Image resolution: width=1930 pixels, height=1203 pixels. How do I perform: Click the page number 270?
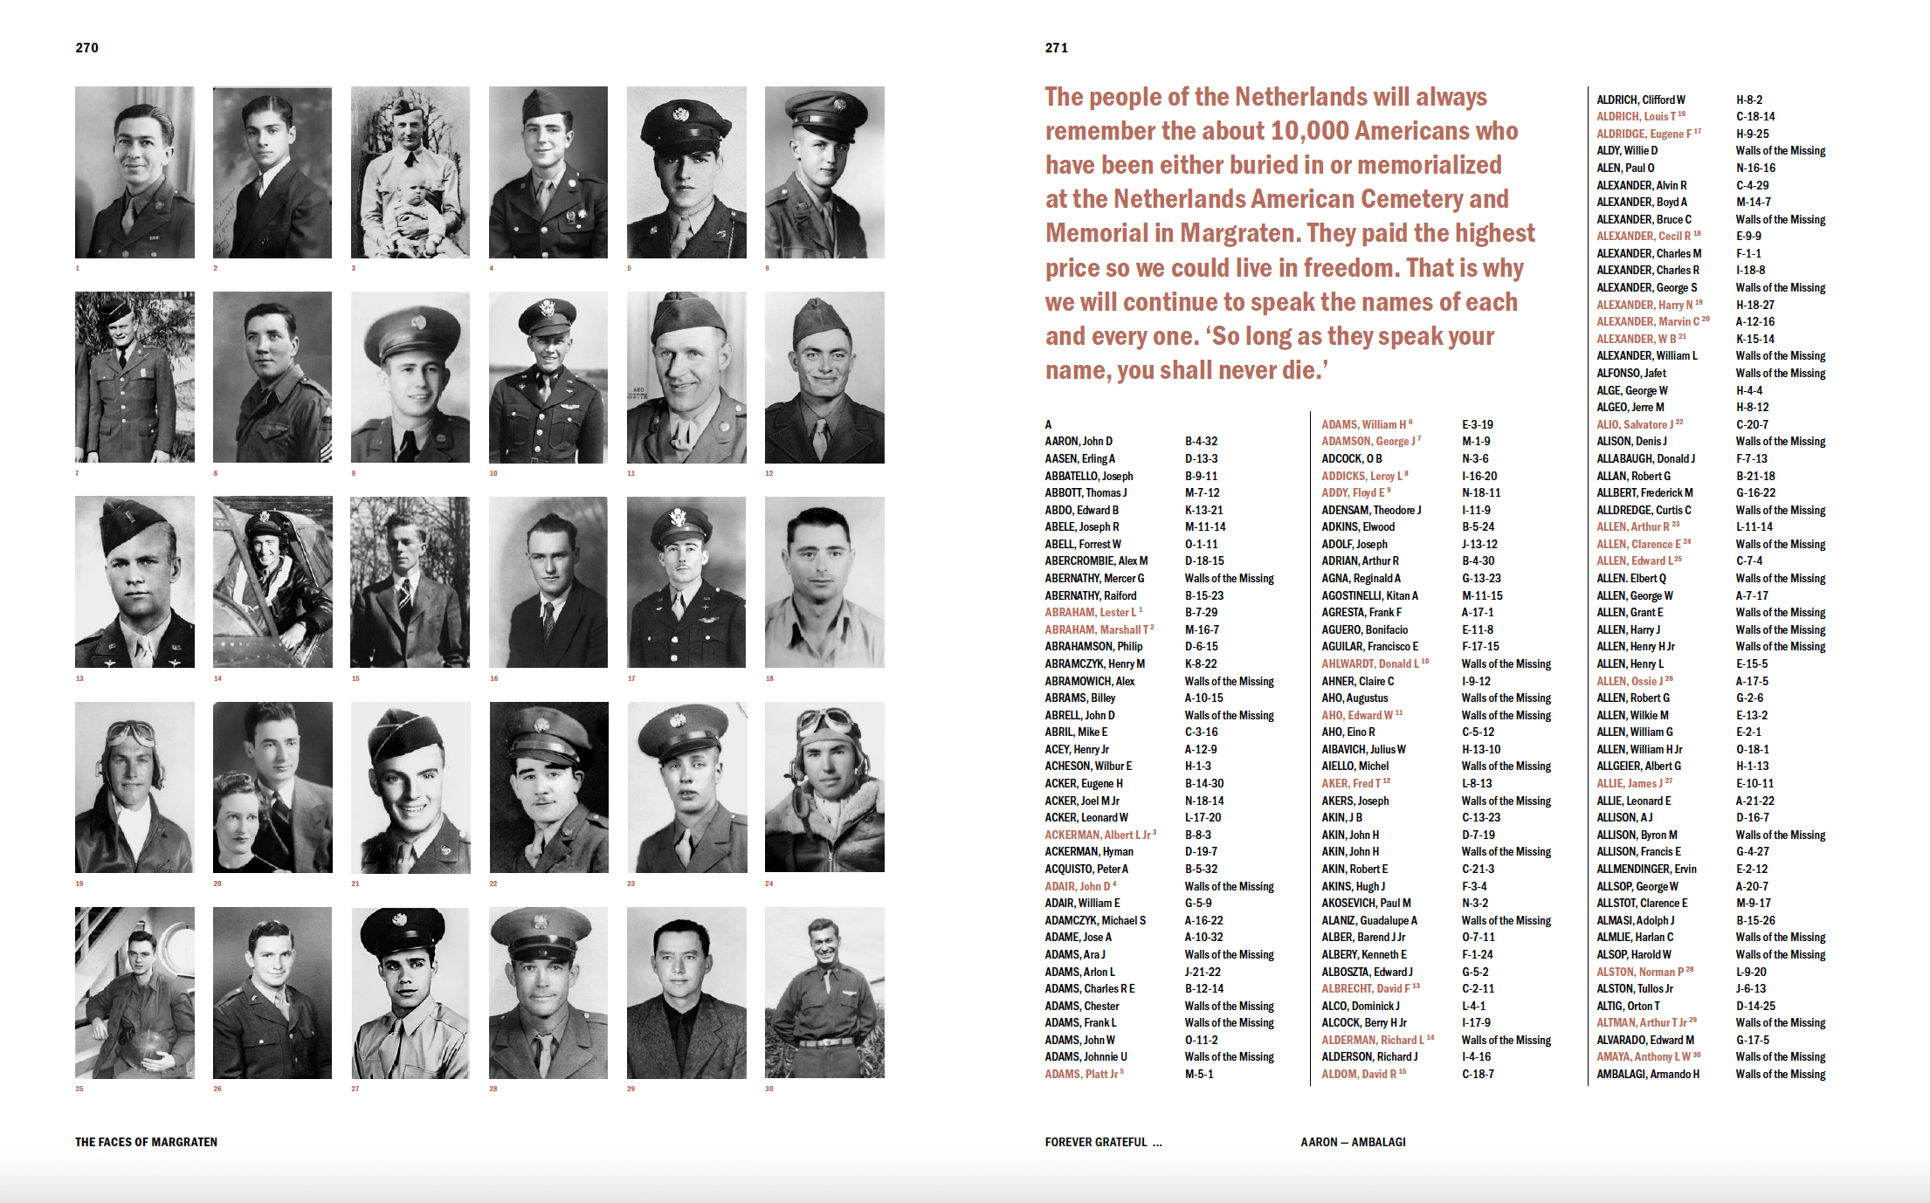86,48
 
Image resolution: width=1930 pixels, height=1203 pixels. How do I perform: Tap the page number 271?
1056,48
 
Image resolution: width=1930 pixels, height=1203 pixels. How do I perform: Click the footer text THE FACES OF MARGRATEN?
146,1142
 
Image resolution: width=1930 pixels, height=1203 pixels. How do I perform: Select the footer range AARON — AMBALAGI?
1353,1142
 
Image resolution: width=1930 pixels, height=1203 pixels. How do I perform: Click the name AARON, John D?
1079,442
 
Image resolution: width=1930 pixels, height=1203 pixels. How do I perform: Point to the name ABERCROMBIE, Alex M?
1096,561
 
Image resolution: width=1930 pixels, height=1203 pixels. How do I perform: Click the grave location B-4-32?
1201,442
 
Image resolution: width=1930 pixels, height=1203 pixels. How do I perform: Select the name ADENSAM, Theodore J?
1371,511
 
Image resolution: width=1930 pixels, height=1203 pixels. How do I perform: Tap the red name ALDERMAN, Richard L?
1373,1041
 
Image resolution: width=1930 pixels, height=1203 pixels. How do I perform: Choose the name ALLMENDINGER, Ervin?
1646,870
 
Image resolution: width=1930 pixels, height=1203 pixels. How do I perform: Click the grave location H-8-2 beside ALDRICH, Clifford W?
1749,100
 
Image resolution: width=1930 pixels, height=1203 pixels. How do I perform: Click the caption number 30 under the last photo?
769,1089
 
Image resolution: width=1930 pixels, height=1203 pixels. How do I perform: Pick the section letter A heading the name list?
1049,425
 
